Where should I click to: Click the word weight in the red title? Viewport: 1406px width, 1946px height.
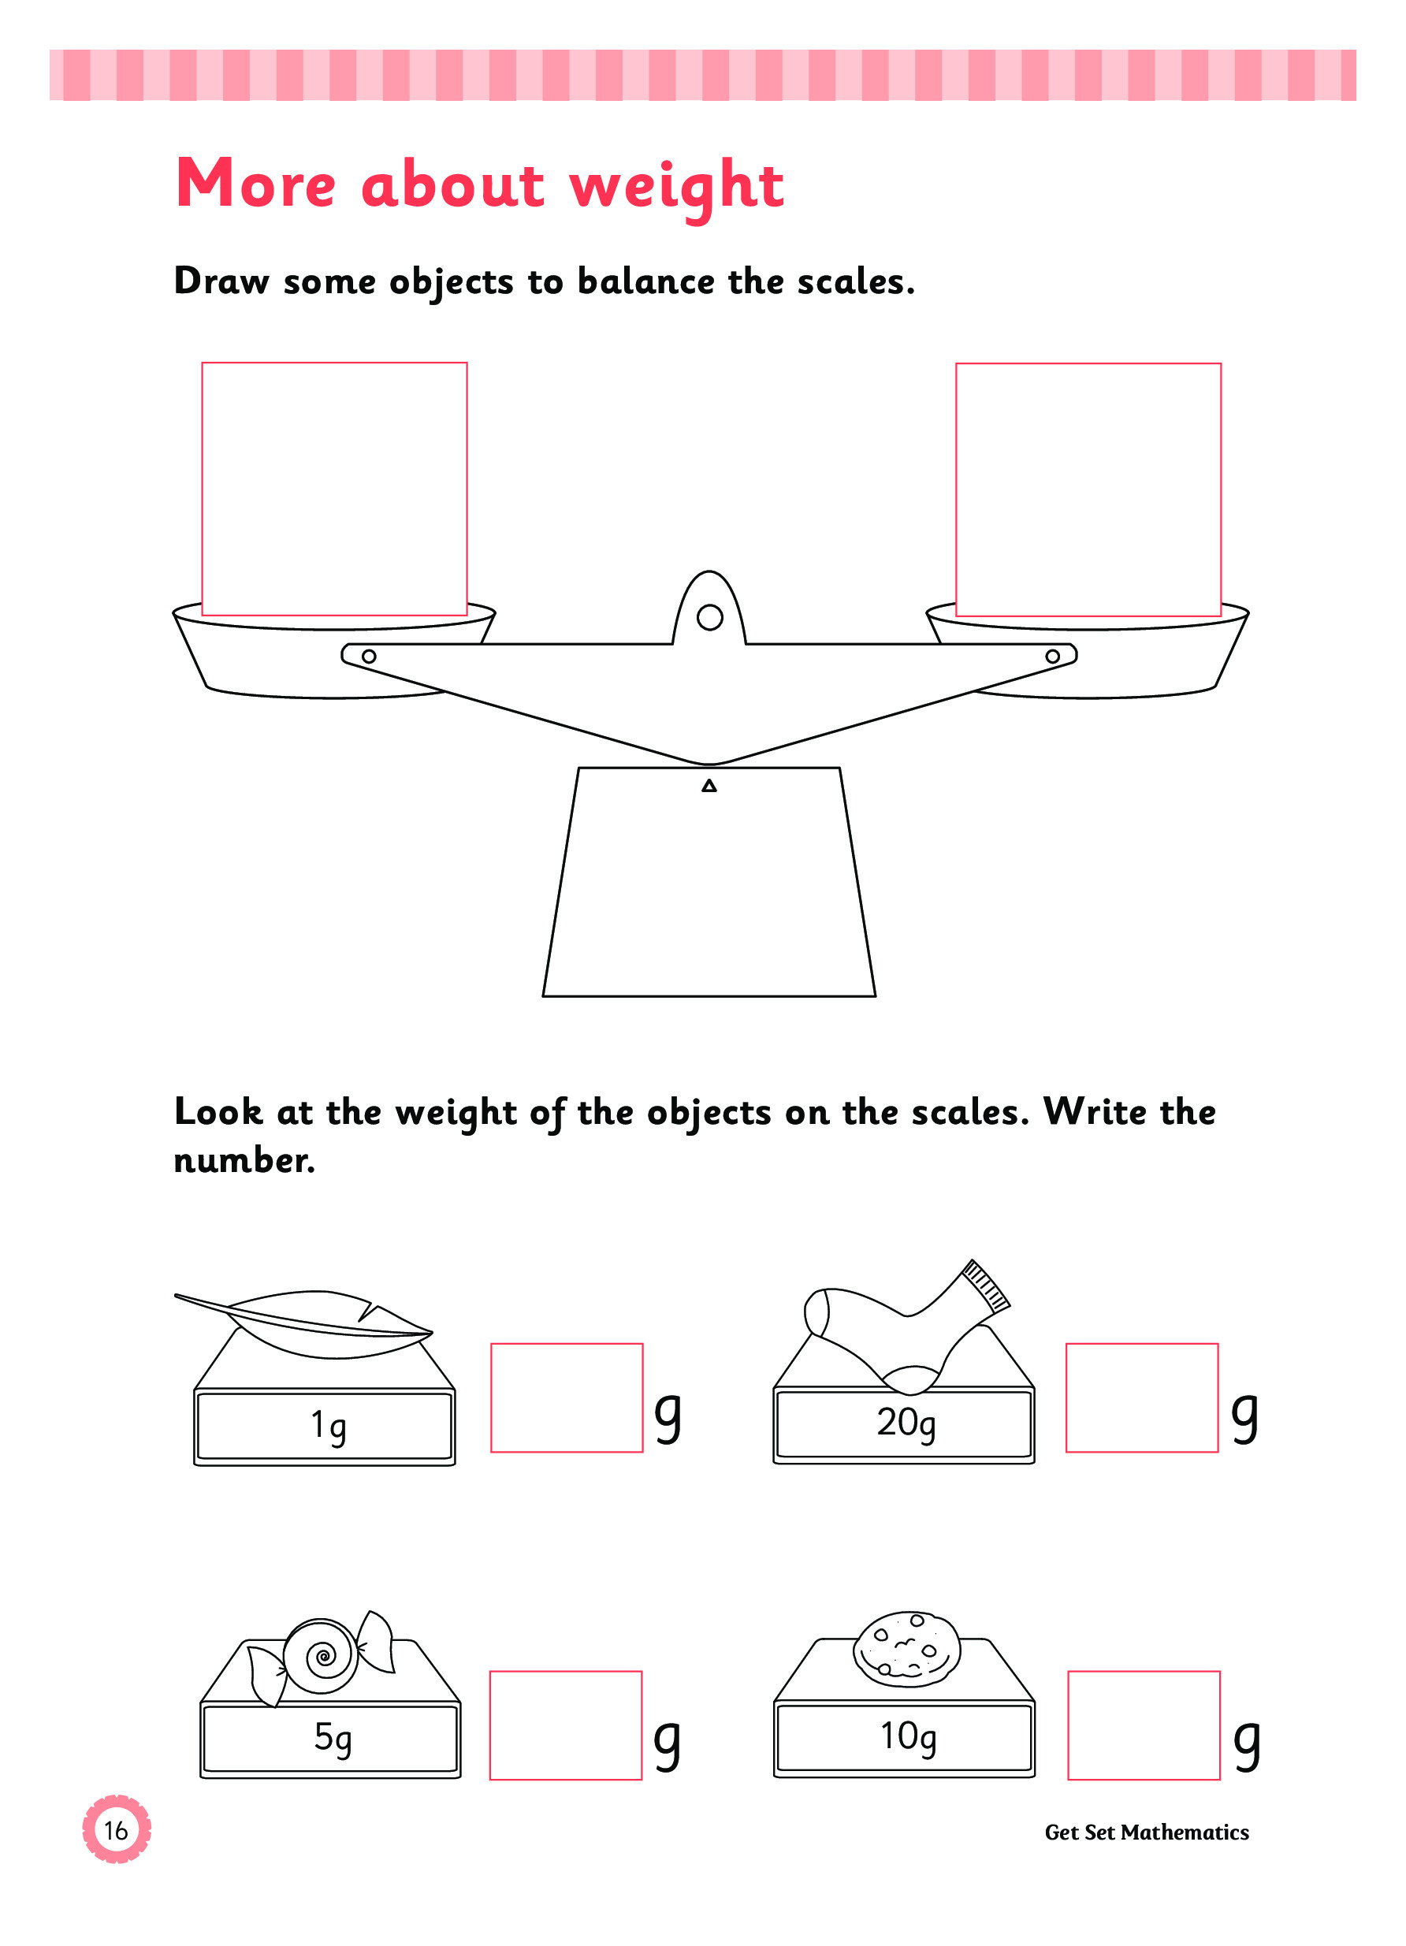point(676,185)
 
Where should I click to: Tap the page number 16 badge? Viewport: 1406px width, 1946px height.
point(116,1830)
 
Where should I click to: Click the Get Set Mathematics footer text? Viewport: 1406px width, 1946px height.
point(1146,1832)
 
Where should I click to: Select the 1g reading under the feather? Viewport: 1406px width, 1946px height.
point(328,1426)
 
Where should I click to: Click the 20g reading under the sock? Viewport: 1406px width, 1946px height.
point(905,1423)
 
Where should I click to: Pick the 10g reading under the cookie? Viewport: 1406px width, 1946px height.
point(908,1736)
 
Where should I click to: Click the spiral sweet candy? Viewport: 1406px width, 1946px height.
point(321,1656)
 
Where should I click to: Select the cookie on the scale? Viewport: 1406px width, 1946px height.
point(907,1649)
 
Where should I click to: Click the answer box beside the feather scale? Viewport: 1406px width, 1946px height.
point(566,1397)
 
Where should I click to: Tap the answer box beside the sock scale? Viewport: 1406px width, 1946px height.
point(1141,1397)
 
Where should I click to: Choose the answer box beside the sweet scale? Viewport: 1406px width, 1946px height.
point(565,1725)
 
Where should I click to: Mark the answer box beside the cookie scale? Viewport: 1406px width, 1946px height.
point(1143,1725)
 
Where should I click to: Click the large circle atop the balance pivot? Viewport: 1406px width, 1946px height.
point(709,617)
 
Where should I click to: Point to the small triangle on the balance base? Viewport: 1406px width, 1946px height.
point(709,786)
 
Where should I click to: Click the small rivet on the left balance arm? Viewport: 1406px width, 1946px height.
point(369,657)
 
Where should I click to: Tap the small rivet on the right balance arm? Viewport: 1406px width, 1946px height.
point(1051,657)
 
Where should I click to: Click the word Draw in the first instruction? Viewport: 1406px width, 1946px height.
point(221,281)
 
